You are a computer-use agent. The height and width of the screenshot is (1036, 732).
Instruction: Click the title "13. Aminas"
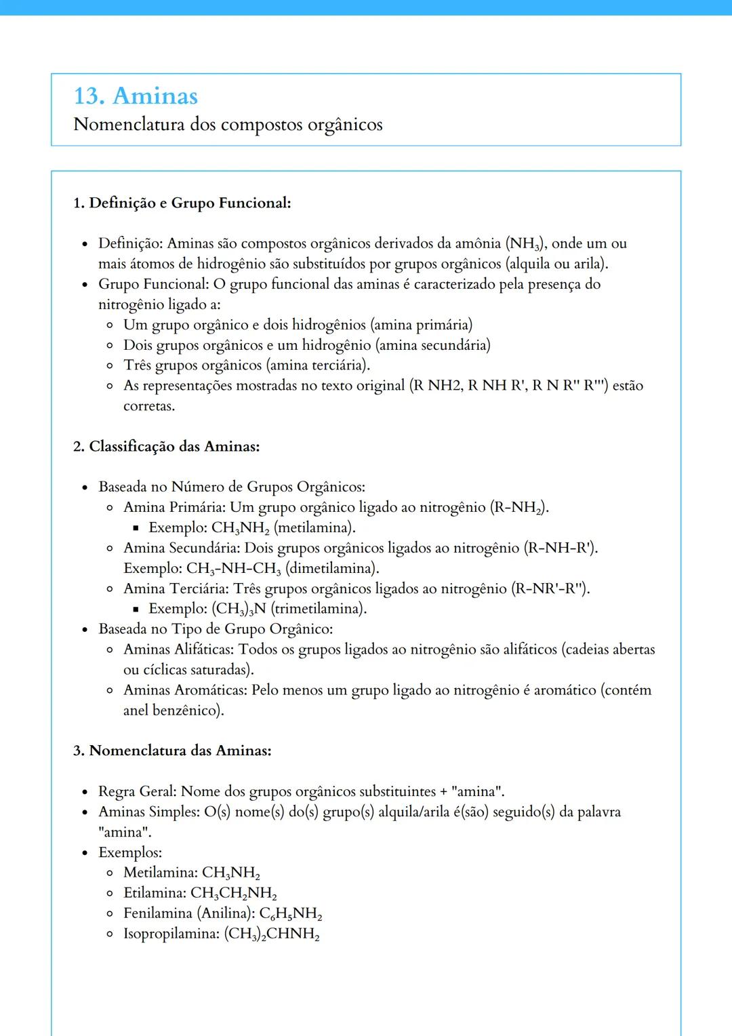pos(136,96)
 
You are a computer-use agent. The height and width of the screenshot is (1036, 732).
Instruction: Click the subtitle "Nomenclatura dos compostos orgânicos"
pos(228,125)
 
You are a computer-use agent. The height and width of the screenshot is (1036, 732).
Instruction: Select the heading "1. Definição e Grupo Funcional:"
pos(182,203)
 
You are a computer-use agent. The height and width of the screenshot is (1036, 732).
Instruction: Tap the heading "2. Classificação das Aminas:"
pos(166,446)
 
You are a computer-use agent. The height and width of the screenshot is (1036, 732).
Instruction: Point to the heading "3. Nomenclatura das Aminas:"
pos(172,751)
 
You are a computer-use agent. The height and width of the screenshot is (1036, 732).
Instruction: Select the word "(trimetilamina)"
pos(318,609)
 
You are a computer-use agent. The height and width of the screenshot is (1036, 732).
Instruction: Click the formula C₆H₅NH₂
pos(290,914)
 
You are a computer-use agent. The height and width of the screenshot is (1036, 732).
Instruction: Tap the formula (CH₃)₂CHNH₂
pos(271,934)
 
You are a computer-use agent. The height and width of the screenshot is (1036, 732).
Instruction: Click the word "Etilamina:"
pos(155,894)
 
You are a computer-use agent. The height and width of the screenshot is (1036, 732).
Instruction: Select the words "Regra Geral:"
pos(138,792)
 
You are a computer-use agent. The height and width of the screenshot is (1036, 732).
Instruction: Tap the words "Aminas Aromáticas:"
pos(185,690)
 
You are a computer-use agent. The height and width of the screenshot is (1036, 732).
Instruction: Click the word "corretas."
pos(149,406)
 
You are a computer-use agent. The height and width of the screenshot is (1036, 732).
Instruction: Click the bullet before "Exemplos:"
pos(85,853)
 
